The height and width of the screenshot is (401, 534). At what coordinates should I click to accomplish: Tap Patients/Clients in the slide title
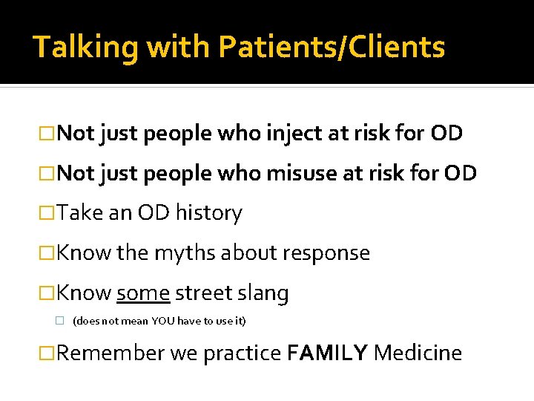pyautogui.click(x=332, y=48)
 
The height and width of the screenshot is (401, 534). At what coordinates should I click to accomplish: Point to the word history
pyautogui.click(x=209, y=214)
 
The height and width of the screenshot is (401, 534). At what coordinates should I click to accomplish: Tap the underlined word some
pyautogui.click(x=144, y=293)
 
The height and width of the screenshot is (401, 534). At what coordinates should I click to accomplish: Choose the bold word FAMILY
pyautogui.click(x=327, y=353)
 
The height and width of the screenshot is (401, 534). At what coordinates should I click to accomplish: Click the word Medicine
pyautogui.click(x=418, y=353)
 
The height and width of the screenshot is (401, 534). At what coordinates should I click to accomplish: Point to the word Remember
pyautogui.click(x=111, y=353)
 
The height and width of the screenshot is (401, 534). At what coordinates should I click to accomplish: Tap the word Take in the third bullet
pyautogui.click(x=79, y=214)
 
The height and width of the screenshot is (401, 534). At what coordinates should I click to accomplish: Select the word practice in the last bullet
pyautogui.click(x=242, y=353)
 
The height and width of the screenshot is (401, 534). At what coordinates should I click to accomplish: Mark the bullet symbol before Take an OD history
pyautogui.click(x=49, y=214)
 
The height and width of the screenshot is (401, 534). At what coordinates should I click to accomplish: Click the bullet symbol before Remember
pyautogui.click(x=49, y=353)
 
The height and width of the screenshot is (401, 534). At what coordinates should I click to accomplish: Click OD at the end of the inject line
pyautogui.click(x=446, y=134)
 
